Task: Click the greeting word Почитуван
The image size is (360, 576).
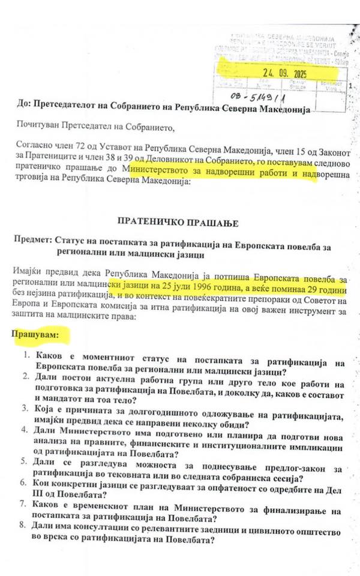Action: click(44, 127)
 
